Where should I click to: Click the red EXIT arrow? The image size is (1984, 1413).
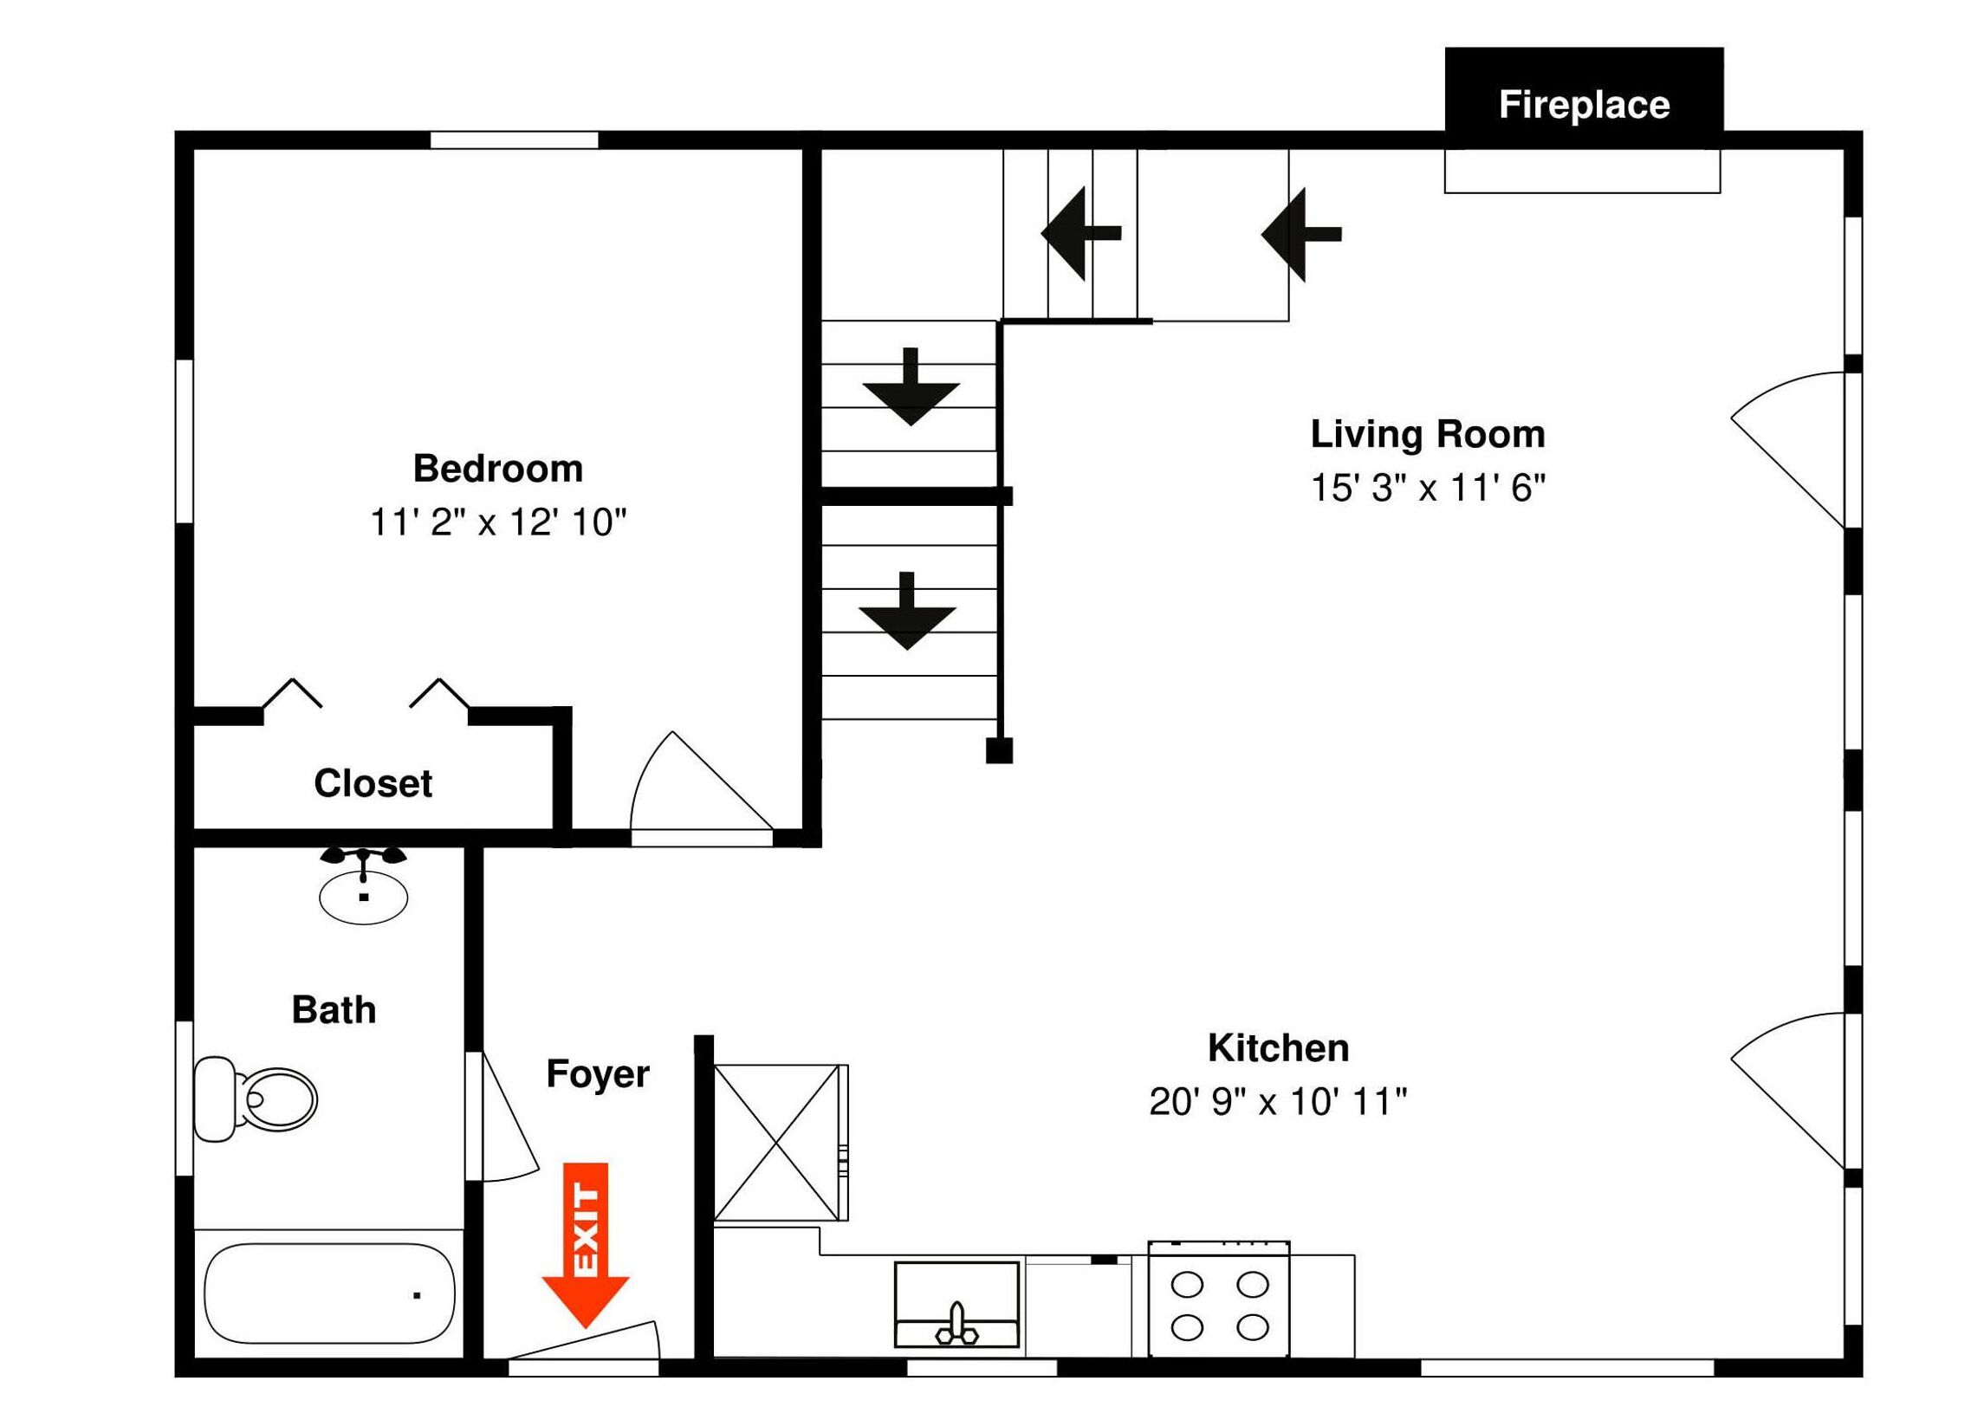click(x=585, y=1244)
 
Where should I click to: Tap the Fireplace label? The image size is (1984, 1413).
click(x=1584, y=106)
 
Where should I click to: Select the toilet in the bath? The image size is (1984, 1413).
click(x=255, y=1099)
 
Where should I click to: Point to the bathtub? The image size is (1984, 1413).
click(x=329, y=1293)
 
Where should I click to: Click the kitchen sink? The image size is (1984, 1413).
click(x=956, y=1304)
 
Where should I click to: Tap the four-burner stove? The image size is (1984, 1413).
click(x=1219, y=1299)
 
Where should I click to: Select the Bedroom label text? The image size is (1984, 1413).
click(x=498, y=468)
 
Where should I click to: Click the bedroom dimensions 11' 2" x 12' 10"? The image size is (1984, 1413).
click(x=498, y=522)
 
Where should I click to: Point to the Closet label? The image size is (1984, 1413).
click(x=373, y=783)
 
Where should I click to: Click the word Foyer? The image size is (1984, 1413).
click(x=597, y=1074)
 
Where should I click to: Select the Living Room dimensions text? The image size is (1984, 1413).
click(x=1428, y=488)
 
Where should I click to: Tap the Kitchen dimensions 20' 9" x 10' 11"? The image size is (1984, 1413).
click(x=1277, y=1101)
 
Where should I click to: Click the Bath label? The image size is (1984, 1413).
click(x=334, y=1010)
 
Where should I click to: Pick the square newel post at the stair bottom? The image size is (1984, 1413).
click(x=999, y=750)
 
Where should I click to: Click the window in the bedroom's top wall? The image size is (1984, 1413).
click(x=515, y=140)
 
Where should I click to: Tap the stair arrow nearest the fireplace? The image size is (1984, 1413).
click(x=1301, y=234)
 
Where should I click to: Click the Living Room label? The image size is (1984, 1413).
click(x=1428, y=434)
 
